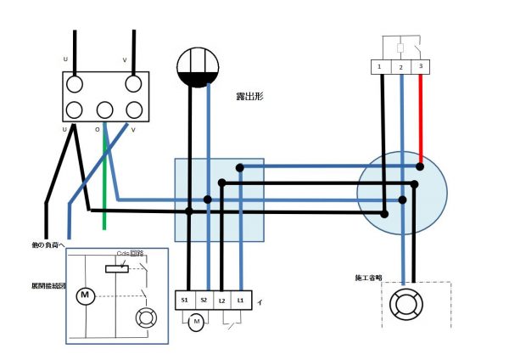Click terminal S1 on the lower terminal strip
click(186, 300)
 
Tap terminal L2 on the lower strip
click(223, 300)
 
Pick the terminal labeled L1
click(242, 300)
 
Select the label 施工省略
click(371, 278)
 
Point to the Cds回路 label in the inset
click(130, 253)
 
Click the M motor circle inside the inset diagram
click(85, 295)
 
